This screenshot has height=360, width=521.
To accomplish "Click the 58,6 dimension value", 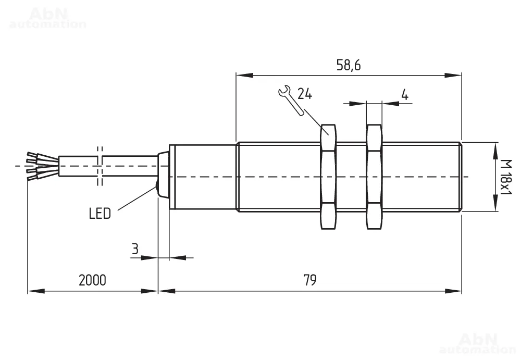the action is (348, 65).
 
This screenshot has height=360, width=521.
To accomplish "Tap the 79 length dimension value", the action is (309, 280).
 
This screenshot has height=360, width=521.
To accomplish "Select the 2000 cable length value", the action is (92, 280).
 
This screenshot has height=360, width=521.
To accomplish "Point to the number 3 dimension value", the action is (134, 249).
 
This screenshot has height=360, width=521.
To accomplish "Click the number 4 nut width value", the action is (405, 94).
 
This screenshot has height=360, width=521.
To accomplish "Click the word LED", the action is (100, 214).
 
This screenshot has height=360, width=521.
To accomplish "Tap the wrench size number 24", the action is (305, 94).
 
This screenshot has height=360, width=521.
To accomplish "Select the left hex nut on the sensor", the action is (328, 177).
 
